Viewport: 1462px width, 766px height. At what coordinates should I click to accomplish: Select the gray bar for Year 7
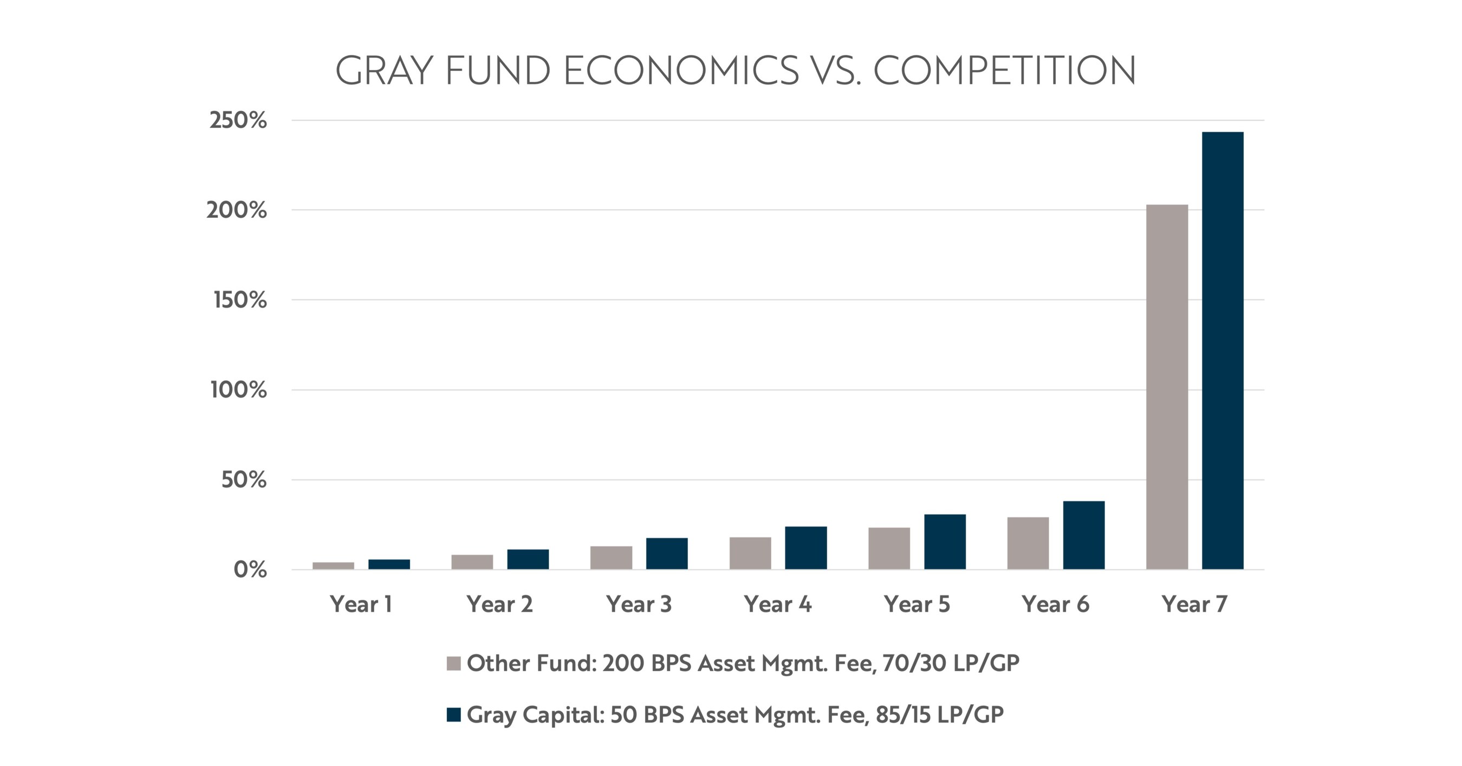(x=1167, y=386)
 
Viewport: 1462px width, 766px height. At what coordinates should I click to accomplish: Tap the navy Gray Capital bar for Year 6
(x=1083, y=535)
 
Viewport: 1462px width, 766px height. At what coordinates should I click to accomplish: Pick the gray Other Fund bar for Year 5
(x=889, y=548)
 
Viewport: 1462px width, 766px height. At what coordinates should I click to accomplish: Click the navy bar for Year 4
(x=806, y=548)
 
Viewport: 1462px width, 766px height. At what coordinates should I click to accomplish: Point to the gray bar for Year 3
(x=610, y=557)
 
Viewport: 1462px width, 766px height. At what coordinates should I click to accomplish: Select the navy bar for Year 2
(x=528, y=559)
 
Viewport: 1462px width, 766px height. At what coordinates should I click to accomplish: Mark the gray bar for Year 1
(x=333, y=565)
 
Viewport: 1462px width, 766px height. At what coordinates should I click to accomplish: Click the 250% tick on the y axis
(x=238, y=120)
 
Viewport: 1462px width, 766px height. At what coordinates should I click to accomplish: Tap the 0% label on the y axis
(x=250, y=570)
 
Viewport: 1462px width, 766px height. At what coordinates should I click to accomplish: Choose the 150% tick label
(x=239, y=300)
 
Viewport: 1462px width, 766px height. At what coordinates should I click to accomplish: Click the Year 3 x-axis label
(x=639, y=604)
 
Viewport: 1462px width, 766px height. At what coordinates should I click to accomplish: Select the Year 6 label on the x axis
(x=1055, y=604)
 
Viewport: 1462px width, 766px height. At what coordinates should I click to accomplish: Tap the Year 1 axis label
(x=361, y=604)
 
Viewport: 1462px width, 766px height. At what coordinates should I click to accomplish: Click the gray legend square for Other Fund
(x=453, y=663)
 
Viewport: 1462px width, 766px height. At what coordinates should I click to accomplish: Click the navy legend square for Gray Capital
(x=453, y=715)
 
